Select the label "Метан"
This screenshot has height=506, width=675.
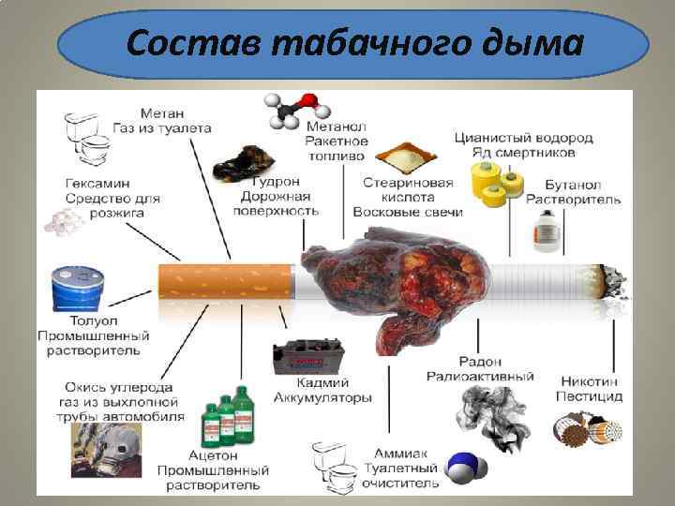pos(162,112)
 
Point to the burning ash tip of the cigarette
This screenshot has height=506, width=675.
pos(614,280)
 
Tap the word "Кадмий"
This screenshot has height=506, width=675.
pos(324,382)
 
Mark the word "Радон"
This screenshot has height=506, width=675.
pos(481,361)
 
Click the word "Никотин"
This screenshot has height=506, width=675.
pos(592,381)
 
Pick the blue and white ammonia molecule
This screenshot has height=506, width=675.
pos(463,467)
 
